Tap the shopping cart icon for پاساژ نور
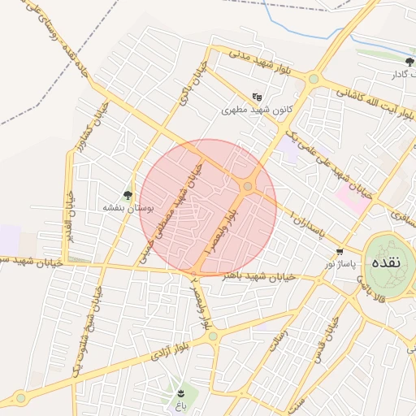coord(339,252)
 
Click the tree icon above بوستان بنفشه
coord(128,194)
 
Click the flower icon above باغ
coord(180,393)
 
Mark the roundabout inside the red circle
coord(248,186)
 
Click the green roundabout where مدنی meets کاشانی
coord(313,79)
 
